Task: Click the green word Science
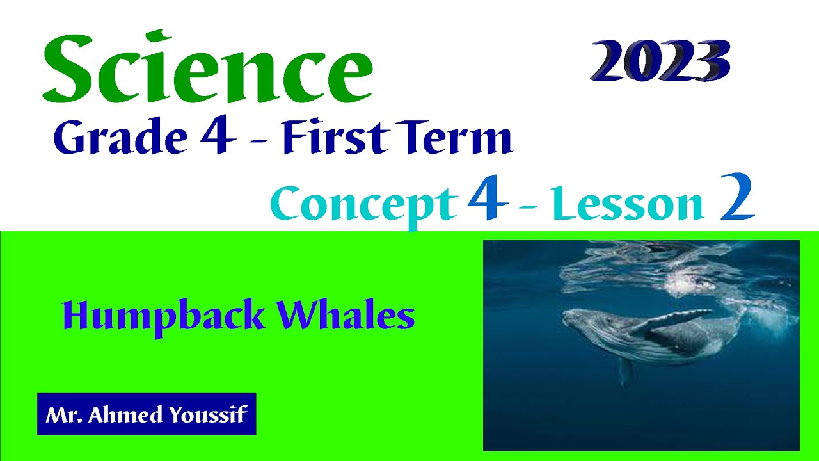207,69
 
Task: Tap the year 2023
660,62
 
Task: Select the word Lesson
642,205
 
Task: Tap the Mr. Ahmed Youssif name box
147,414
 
